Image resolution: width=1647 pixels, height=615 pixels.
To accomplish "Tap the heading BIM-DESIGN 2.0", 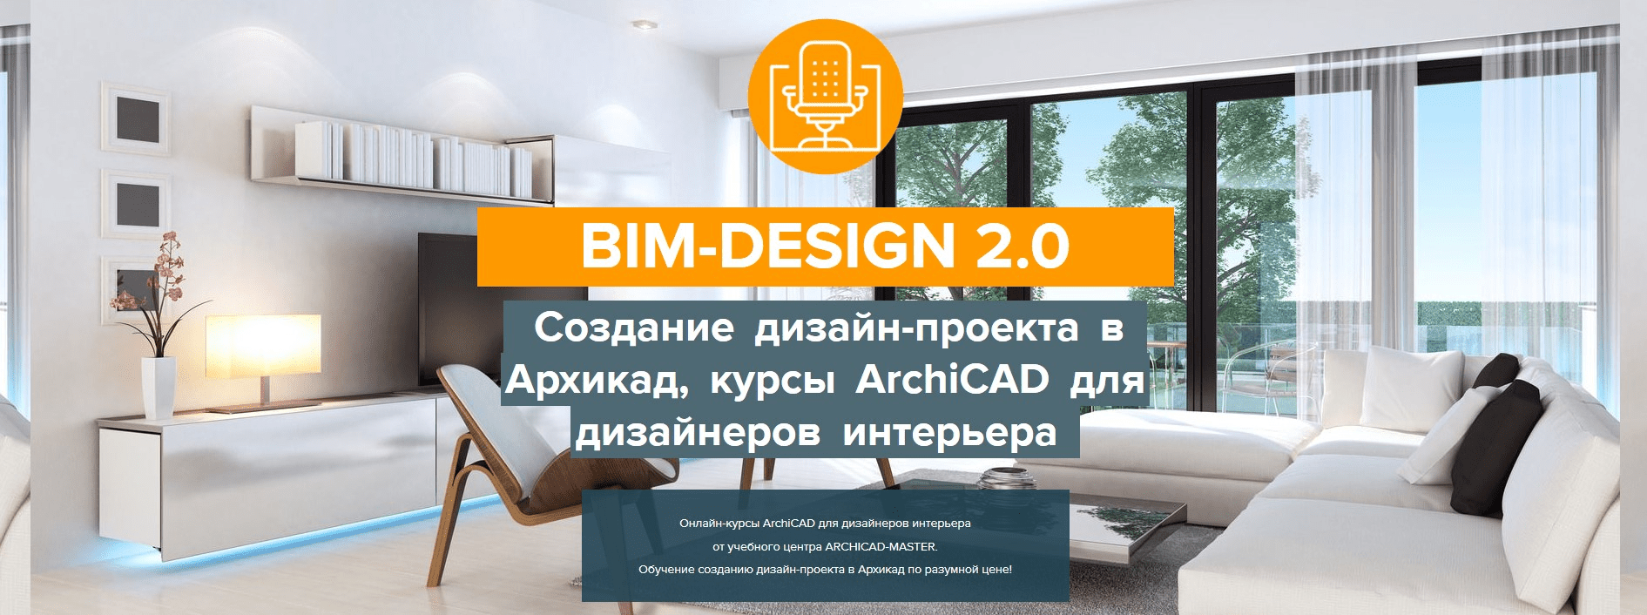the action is pos(825,247).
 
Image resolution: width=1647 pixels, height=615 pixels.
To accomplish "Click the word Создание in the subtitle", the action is pos(634,328).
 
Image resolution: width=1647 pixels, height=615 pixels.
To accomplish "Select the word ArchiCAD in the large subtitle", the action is pos(952,380).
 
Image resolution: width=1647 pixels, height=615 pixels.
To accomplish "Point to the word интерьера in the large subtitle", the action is pos(949,433).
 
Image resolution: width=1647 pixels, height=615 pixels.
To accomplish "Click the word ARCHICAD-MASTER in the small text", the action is pos(880,547).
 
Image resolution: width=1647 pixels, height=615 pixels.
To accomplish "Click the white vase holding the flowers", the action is pos(159,387).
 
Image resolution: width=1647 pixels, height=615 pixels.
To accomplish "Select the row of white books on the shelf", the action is pos(414,158).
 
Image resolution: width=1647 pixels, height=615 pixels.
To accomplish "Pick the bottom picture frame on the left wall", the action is pos(131,284).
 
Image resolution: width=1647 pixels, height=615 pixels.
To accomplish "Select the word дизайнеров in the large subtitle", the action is pos(698,433).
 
